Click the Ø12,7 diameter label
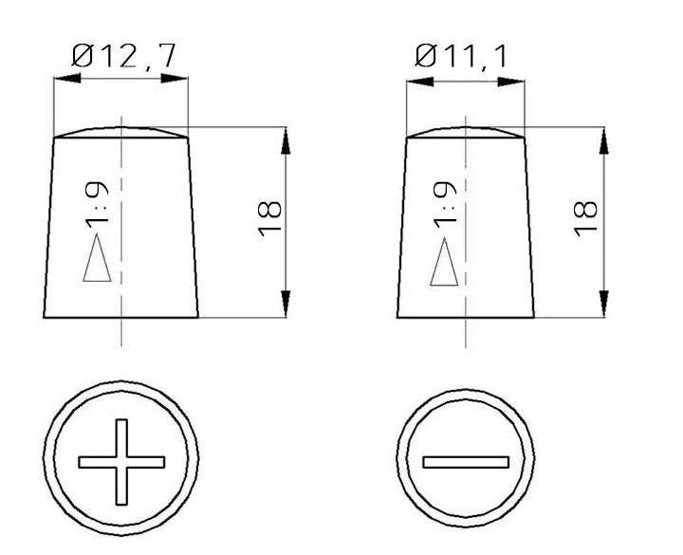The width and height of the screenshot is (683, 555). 121,57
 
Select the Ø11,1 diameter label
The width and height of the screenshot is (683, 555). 462,57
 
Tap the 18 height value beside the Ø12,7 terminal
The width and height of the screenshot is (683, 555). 270,218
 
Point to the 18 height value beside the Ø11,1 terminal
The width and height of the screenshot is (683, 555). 587,218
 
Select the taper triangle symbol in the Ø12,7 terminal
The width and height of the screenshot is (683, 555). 98,261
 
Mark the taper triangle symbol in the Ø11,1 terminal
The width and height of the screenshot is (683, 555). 444,263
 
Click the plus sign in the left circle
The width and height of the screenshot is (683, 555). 122,462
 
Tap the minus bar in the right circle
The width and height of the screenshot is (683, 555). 466,462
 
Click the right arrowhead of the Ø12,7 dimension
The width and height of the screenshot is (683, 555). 178,81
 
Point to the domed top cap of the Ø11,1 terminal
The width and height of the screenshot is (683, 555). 465,132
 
